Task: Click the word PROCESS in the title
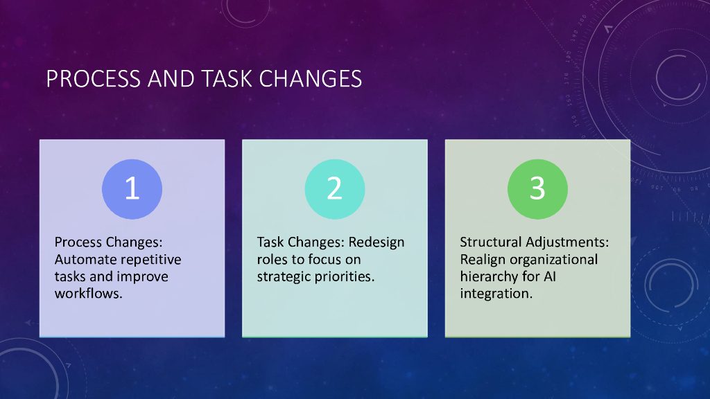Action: coord(94,79)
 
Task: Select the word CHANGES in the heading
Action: coord(311,79)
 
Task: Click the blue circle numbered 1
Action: coord(132,189)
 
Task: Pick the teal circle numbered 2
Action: coord(335,189)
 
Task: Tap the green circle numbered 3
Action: coord(537,189)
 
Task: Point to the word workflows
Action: coord(89,294)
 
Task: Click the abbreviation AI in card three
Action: coord(550,276)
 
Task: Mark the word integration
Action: coord(496,294)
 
